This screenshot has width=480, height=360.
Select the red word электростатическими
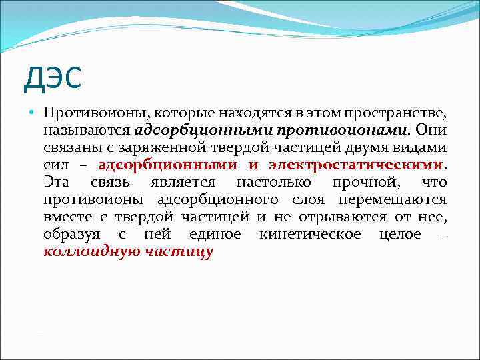click(356, 164)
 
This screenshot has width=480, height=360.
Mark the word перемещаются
click(393, 199)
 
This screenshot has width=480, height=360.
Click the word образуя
click(71, 234)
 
